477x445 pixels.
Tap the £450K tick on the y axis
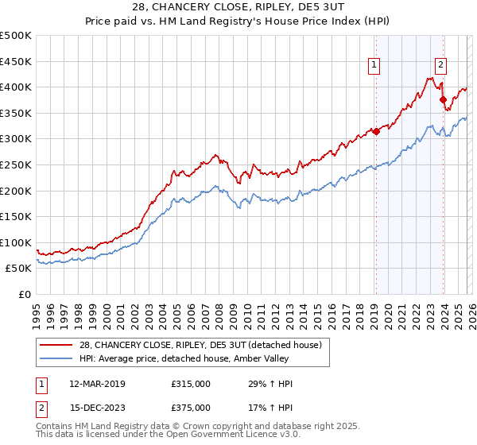(x=16, y=61)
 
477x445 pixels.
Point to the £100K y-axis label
(x=16, y=242)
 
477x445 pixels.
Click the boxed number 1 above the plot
(x=374, y=66)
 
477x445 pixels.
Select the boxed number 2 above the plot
(x=440, y=66)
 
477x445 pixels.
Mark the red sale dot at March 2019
(x=376, y=132)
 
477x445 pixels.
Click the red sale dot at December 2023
(x=443, y=99)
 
